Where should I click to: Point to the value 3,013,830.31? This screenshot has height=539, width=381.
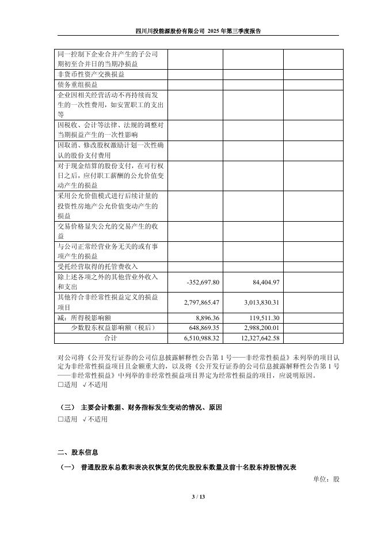pyautogui.click(x=258, y=302)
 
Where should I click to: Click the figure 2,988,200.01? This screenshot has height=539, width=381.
pyautogui.click(x=258, y=328)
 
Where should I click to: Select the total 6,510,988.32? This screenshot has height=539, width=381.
pyautogui.click(x=201, y=338)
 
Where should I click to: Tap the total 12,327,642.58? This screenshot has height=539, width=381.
pyautogui.click(x=256, y=338)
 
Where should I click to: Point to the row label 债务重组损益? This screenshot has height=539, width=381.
pyautogui.click(x=78, y=85)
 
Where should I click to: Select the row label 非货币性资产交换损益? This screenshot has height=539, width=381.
pyautogui.click(x=90, y=74)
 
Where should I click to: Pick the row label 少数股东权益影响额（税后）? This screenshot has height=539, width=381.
pyautogui.click(x=110, y=328)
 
